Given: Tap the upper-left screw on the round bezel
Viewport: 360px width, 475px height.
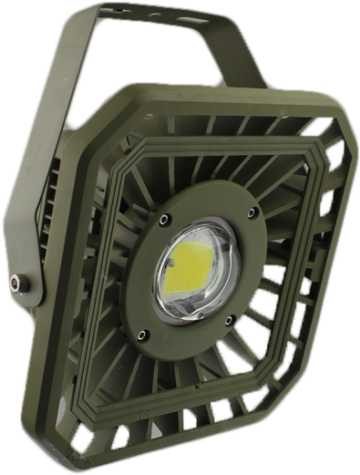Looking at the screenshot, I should point(165,219).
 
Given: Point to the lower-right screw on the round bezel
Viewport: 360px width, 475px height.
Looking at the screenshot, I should point(234,319).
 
